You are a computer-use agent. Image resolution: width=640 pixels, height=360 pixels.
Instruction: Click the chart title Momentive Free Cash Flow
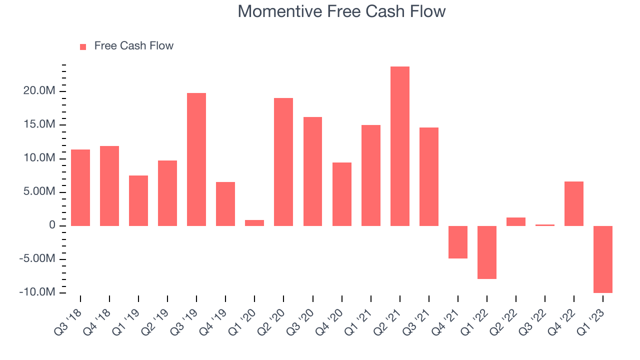[x=341, y=11]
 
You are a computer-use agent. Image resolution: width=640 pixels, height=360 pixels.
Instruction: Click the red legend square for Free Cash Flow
[x=83, y=47]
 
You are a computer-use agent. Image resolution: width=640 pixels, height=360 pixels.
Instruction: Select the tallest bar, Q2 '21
[x=399, y=146]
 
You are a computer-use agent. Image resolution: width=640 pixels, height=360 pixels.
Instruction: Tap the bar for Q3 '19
[x=196, y=159]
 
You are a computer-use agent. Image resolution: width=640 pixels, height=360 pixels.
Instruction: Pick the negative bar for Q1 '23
[x=603, y=259]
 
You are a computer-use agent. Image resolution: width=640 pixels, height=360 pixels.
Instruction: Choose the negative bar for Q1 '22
[x=487, y=252]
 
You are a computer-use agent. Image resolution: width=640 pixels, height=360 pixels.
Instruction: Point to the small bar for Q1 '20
[x=254, y=223]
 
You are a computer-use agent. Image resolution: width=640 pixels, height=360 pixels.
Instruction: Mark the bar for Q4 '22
[x=574, y=203]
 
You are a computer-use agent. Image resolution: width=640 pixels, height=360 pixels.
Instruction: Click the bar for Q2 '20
[x=283, y=162]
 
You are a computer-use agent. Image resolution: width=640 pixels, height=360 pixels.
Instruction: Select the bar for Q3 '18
[x=80, y=187]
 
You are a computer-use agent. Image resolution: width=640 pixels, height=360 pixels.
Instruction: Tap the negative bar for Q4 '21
[x=457, y=242]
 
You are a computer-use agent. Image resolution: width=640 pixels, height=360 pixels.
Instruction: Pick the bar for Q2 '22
[x=515, y=221]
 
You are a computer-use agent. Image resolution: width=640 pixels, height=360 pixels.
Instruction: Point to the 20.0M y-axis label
[x=39, y=90]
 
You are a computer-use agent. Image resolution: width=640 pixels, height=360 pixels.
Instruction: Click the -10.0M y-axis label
[x=37, y=292]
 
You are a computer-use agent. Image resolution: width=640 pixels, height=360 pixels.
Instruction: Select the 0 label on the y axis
[x=52, y=225]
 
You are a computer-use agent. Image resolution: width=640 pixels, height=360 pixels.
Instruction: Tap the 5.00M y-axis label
[x=39, y=191]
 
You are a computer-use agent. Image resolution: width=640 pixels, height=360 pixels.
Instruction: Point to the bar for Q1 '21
[x=371, y=175]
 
